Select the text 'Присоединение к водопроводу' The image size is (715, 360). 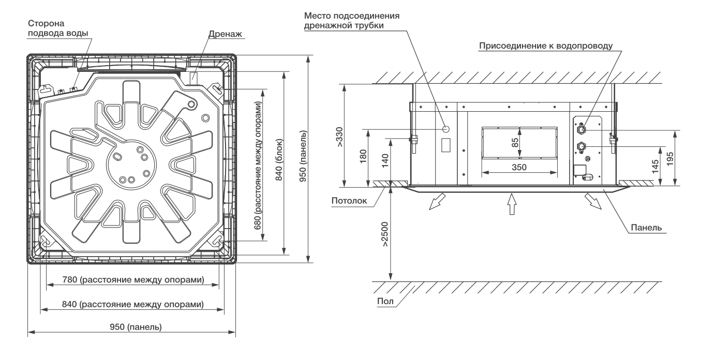[546, 46]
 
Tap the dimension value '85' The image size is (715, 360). [515, 142]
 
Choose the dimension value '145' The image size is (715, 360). [656, 166]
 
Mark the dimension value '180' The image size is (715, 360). [363, 156]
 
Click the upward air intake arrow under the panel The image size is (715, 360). [512, 204]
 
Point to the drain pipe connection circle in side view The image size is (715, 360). [447, 127]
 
